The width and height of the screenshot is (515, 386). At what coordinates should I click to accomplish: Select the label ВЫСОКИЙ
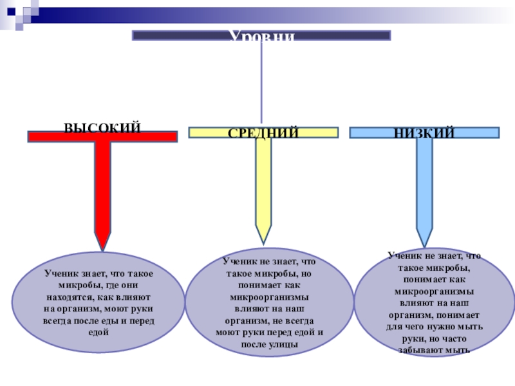coord(102,128)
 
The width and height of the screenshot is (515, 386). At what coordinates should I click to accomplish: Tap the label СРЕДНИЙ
coord(263,133)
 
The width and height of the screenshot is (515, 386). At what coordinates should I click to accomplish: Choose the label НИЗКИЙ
coord(424,133)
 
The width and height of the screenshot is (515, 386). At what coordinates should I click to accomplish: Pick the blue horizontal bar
coord(373,133)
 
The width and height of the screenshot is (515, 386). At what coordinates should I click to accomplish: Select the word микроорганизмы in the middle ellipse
coord(270,297)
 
